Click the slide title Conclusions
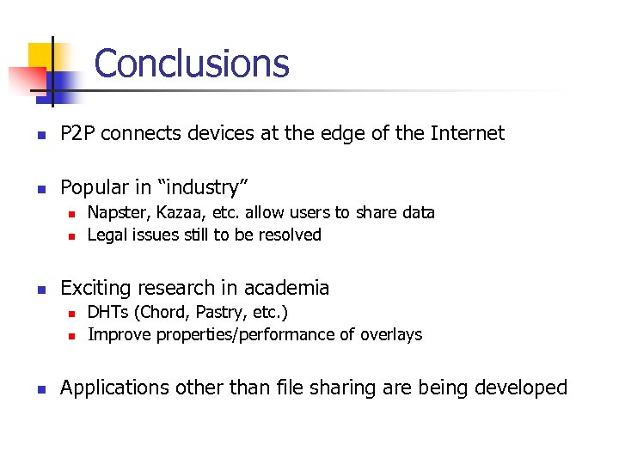click(x=192, y=64)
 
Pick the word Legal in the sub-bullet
click(x=107, y=235)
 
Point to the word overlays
click(x=391, y=334)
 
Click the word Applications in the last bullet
click(x=114, y=388)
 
